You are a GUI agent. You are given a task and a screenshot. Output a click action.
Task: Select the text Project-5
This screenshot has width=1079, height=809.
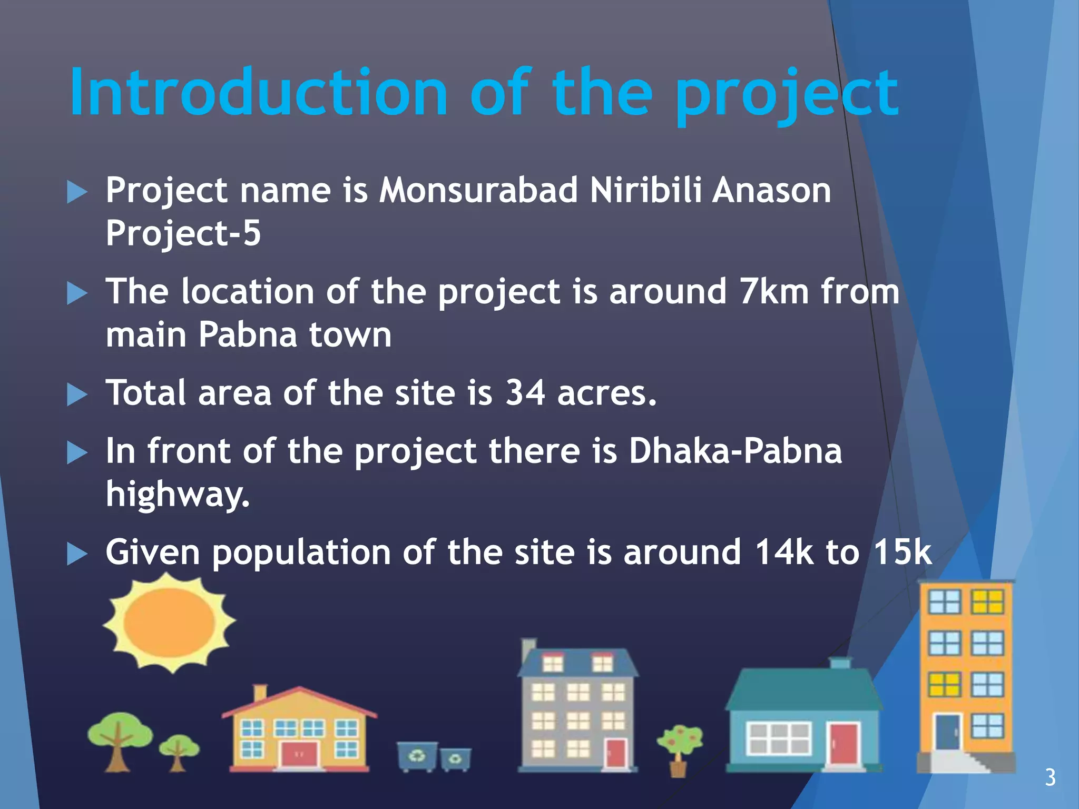coord(183,233)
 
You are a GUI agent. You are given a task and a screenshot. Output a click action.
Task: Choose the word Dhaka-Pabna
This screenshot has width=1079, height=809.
coord(735,451)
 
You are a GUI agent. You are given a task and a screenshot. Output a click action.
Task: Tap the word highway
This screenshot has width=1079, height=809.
coord(177,495)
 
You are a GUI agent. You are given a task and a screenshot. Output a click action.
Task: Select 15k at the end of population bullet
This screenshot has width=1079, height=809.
coord(903,553)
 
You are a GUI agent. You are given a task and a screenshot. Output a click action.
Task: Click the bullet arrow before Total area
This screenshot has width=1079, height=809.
coord(77,395)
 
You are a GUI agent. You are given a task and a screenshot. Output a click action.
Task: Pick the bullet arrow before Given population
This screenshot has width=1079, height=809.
coord(77,555)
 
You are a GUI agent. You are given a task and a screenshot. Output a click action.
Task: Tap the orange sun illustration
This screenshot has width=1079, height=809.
coord(169,623)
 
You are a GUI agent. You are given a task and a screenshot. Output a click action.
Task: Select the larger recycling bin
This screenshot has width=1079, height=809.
coord(417,756)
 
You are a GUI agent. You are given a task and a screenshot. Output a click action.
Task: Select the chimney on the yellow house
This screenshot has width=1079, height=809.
coord(260,693)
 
